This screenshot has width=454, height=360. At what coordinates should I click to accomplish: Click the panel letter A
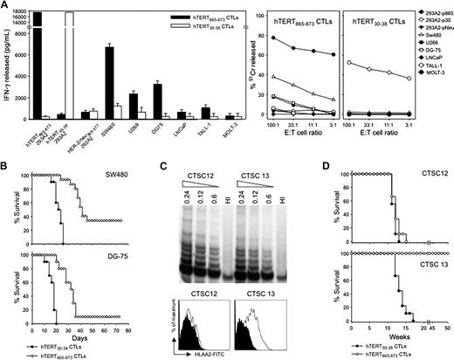coord(4,6)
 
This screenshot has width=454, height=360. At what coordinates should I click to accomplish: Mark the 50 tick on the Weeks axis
coord(448,329)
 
